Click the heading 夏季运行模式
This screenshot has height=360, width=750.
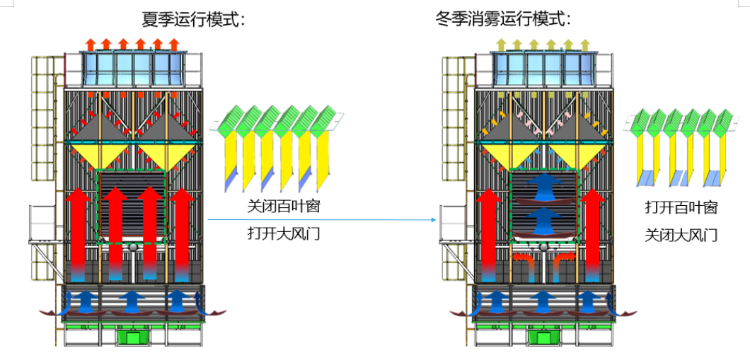pos(193,19)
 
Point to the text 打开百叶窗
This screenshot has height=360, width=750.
pos(681,208)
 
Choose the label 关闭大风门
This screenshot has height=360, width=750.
pos(681,234)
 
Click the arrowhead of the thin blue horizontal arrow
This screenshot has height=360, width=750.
pos(432,220)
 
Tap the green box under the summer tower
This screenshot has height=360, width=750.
pos(132,337)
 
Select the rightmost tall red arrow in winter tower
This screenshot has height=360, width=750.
pos(593,233)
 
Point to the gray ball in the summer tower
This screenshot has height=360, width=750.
pos(132,248)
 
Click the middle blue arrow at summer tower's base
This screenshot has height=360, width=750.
pos(132,301)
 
